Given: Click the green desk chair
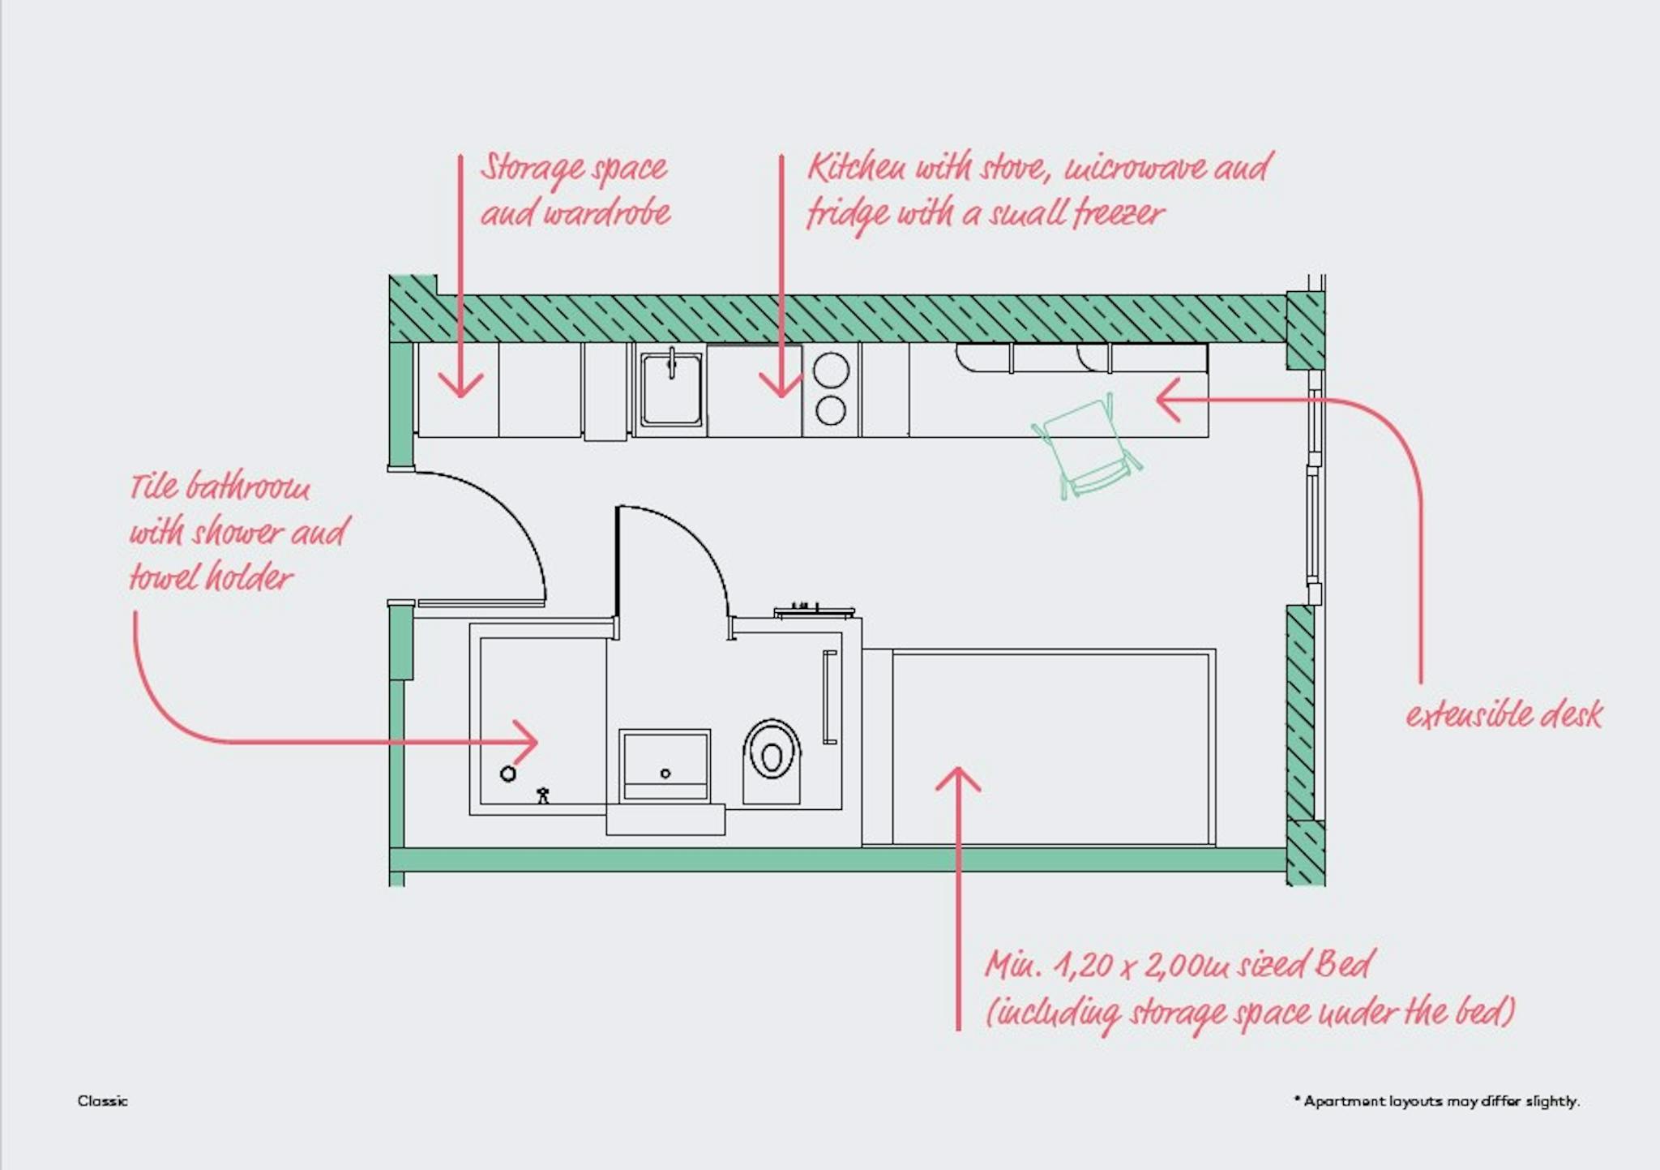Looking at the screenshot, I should click(1086, 446).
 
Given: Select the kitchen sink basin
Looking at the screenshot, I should click(671, 389).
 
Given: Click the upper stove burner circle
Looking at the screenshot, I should click(831, 371).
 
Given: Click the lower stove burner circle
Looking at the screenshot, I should click(831, 410).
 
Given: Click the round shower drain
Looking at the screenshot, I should click(508, 774).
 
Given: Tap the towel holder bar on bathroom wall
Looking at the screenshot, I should click(829, 697).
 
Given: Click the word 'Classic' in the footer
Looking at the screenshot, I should click(102, 1101).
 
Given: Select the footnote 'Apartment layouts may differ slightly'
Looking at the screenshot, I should click(1439, 1101).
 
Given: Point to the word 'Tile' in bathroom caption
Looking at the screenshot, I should click(154, 486).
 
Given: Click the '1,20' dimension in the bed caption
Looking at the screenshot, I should click(1084, 965).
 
